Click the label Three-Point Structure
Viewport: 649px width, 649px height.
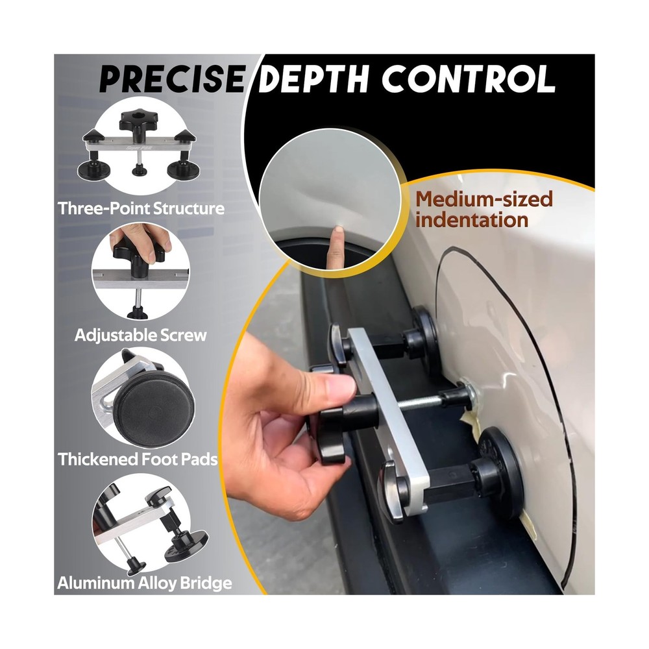[x=141, y=208]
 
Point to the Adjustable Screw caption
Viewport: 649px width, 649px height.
[x=141, y=335]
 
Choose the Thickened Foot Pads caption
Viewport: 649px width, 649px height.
[x=138, y=459]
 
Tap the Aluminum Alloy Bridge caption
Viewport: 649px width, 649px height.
[x=145, y=583]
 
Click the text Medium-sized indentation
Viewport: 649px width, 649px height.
[x=484, y=209]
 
